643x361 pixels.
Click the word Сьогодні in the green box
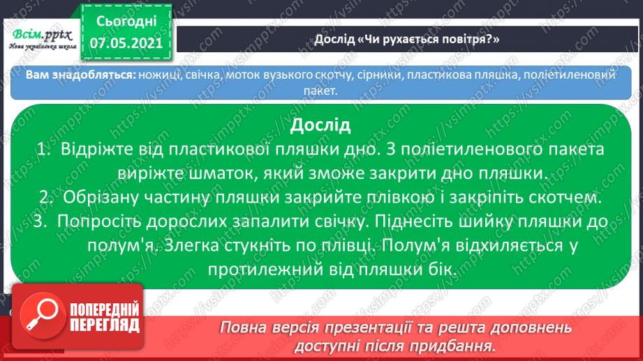126,22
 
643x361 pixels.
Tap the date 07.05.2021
126,43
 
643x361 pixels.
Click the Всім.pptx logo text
42,36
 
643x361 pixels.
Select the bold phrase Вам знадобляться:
81,75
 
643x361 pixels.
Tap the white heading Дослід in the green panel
320,125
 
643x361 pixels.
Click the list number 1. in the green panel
44,149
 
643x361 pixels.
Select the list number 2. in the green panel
47,197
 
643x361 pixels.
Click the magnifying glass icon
43,316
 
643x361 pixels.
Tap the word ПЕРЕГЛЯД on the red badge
105,325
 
